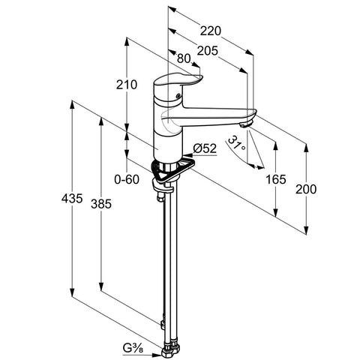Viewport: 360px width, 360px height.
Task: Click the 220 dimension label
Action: pos(211,31)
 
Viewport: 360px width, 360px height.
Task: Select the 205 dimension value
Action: pos(208,51)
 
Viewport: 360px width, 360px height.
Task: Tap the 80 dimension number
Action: pos(184,58)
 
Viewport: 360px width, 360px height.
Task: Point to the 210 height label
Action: pos(127,85)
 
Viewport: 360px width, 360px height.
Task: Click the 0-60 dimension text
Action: pos(127,179)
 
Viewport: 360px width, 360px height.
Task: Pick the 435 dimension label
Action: pos(72,199)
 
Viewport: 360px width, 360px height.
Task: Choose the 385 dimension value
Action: pos(101,204)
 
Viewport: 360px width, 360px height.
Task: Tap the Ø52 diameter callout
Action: pos(205,148)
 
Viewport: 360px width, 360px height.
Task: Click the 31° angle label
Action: pos(236,143)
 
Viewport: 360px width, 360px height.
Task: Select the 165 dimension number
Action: pos(275,179)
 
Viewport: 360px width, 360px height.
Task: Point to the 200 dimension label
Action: pos(306,189)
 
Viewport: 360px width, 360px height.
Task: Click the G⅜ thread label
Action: pos(133,348)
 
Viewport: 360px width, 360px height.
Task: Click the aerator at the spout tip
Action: pos(246,124)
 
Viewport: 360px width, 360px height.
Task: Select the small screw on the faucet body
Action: pos(178,95)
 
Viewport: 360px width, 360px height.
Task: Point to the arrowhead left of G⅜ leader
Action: pos(157,354)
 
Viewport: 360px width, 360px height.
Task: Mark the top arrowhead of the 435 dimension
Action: pos(72,106)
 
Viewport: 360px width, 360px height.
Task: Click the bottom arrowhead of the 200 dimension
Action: pos(306,229)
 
